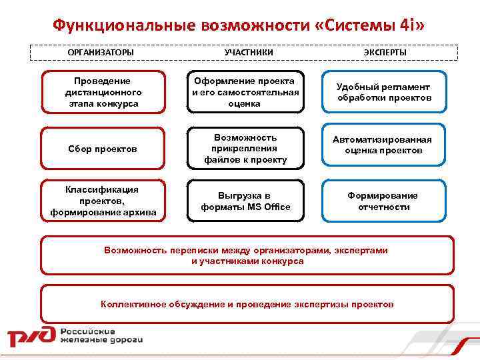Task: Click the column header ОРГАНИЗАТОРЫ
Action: pos(101,52)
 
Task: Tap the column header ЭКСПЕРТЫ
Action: pos(385,52)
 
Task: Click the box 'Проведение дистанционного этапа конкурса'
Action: pos(103,93)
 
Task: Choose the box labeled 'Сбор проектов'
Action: pos(103,149)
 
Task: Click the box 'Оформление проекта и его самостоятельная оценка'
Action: pos(245,92)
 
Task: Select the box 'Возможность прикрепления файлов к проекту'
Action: pos(245,149)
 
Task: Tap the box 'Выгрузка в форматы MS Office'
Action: pos(245,201)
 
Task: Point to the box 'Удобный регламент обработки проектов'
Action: pos(383,93)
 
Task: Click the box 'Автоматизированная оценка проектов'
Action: pos(383,145)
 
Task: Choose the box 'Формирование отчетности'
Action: pos(383,201)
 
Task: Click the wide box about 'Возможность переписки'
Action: pos(247,255)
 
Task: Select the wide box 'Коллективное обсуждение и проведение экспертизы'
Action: pos(247,304)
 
